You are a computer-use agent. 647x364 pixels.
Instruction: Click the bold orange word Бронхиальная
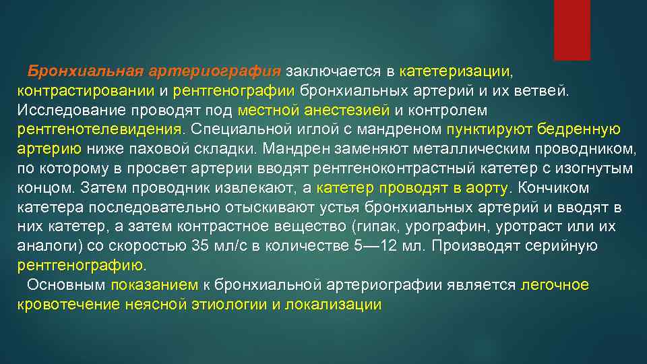pos(86,71)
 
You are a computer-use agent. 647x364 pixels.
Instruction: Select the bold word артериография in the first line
pos(215,71)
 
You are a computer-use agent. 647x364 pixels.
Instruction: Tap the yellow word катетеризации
pos(456,71)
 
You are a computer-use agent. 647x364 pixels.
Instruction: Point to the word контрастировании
pos(86,90)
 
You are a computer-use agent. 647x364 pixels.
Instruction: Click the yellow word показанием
pos(154,285)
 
